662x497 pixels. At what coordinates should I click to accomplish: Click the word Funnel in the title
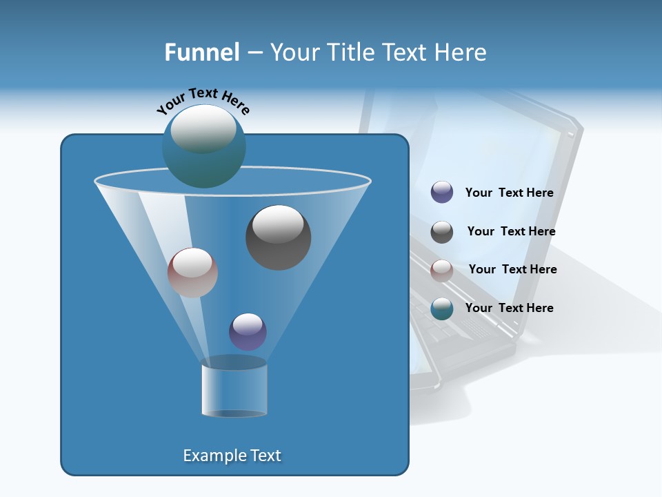(x=201, y=52)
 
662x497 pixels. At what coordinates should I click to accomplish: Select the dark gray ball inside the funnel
(x=278, y=237)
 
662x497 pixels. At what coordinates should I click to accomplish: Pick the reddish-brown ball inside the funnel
(x=192, y=273)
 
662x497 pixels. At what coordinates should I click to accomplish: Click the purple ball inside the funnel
(x=248, y=331)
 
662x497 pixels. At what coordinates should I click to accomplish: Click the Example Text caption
(x=232, y=456)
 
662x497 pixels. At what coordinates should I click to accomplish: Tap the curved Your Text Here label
(x=203, y=100)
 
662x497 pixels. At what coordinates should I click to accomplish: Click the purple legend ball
(x=442, y=193)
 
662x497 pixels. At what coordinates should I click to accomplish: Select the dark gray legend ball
(x=442, y=232)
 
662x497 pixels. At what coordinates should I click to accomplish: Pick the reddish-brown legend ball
(x=442, y=270)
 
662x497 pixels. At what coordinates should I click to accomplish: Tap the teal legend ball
(x=442, y=309)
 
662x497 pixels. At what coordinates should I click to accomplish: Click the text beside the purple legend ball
(x=509, y=193)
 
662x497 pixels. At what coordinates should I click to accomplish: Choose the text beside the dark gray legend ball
(x=511, y=232)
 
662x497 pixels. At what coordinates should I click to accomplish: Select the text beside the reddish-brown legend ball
(x=512, y=270)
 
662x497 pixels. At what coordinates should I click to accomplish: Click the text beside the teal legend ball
(x=509, y=309)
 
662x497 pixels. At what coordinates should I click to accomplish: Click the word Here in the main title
(x=461, y=52)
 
